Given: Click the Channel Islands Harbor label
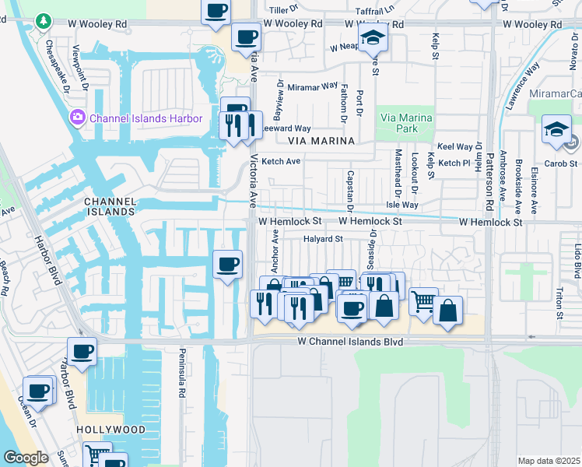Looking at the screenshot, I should point(145,118).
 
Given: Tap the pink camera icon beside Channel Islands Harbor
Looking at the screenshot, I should point(78,118).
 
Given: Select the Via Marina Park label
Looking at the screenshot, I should point(404,122).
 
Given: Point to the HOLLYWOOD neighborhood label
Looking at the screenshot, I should point(110,430).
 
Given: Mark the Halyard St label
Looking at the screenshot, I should point(323,239).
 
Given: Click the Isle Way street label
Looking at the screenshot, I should point(403,205).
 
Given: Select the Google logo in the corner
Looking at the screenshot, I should point(25,457).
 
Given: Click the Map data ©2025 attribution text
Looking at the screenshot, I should point(549,461).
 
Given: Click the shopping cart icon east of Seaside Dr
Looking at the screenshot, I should point(422,300).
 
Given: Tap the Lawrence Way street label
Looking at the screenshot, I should point(523,86).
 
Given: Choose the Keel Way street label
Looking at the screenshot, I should point(455,146).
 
